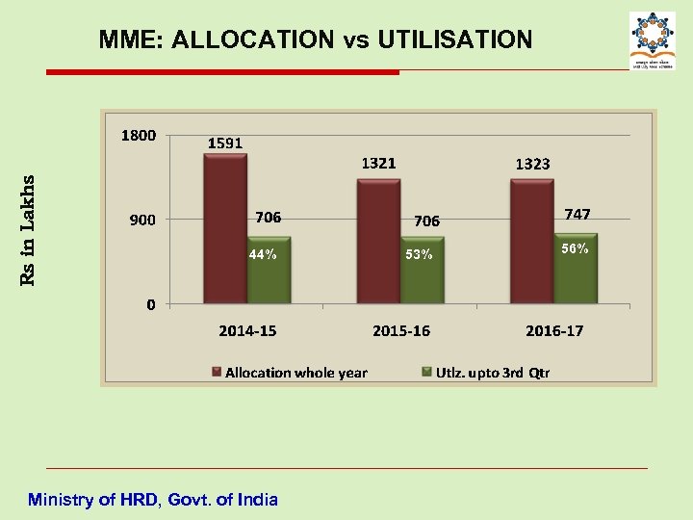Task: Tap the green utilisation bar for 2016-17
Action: [x=576, y=269]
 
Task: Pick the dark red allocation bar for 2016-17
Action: [x=532, y=241]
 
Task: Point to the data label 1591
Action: [x=226, y=143]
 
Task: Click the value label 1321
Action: [x=378, y=163]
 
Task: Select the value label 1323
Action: [x=532, y=164]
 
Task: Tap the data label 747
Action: [x=577, y=214]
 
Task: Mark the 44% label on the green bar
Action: [x=264, y=255]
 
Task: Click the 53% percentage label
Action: [x=419, y=255]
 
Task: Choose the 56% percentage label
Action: [x=576, y=248]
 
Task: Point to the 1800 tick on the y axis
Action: [x=138, y=136]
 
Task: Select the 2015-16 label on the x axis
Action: [x=401, y=330]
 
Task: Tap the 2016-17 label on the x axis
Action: [x=554, y=330]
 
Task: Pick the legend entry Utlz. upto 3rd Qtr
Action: [x=492, y=373]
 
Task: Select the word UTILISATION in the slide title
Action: [x=454, y=39]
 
